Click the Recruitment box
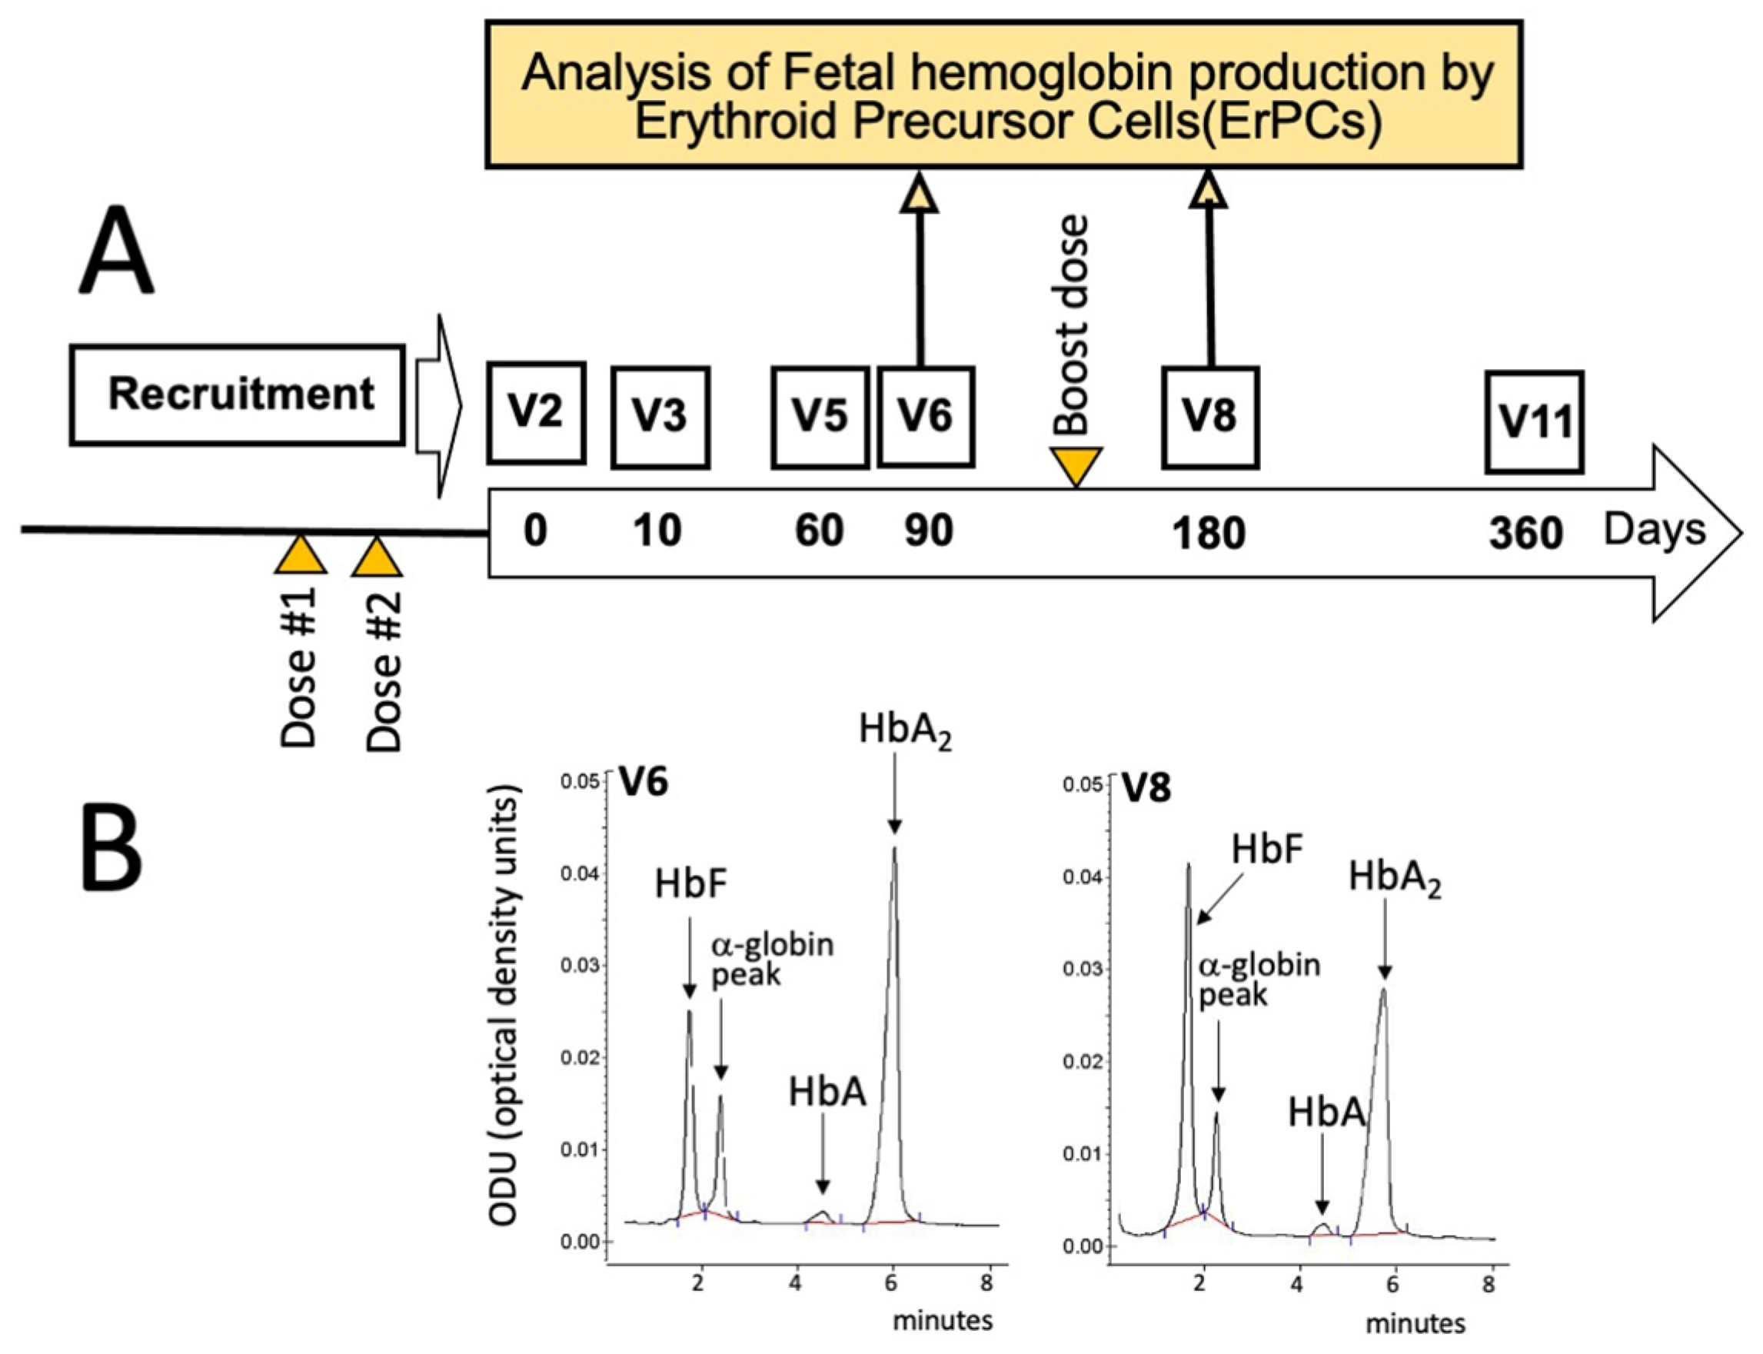point(237,395)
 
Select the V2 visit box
point(536,413)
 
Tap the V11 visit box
point(1534,421)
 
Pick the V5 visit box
point(820,417)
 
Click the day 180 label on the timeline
point(1208,533)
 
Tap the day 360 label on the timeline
point(1525,533)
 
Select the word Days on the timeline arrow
point(1655,530)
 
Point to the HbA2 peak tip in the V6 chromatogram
point(893,848)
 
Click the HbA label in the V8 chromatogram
point(1326,1113)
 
